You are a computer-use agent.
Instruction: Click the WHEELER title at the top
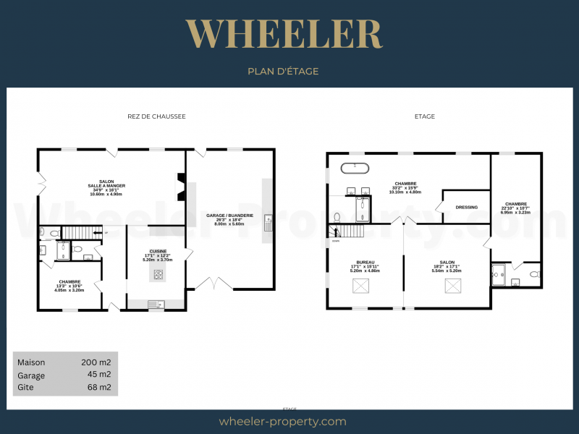pyautogui.click(x=283, y=34)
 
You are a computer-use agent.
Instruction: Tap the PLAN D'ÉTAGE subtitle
pyautogui.click(x=283, y=72)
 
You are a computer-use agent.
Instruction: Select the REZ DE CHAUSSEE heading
pyautogui.click(x=156, y=116)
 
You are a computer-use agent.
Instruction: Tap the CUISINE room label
pyautogui.click(x=158, y=251)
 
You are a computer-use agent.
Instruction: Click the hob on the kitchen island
pyautogui.click(x=158, y=275)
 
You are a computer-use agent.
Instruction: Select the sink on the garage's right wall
pyautogui.click(x=267, y=222)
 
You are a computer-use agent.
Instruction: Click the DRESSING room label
pyautogui.click(x=466, y=208)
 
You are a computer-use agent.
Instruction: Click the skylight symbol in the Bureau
pyautogui.click(x=361, y=287)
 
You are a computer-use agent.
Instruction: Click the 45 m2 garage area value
pyautogui.click(x=99, y=375)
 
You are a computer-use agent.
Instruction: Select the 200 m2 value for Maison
pyautogui.click(x=96, y=362)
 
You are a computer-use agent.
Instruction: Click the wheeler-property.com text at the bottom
pyautogui.click(x=282, y=421)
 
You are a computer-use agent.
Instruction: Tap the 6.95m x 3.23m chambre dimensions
pyautogui.click(x=516, y=213)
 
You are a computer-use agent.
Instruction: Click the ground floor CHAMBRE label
pyautogui.click(x=69, y=282)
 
